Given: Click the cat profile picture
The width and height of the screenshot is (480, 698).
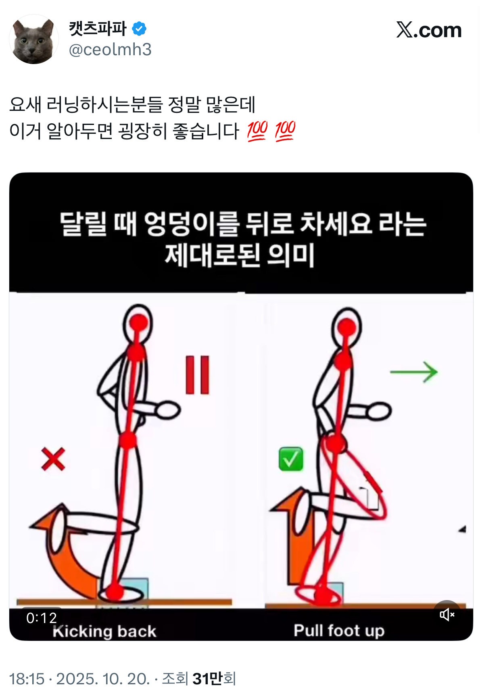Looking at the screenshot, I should (x=34, y=39).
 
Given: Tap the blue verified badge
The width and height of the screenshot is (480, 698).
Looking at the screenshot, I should (x=139, y=29).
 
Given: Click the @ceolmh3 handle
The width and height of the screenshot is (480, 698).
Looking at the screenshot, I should (x=110, y=50).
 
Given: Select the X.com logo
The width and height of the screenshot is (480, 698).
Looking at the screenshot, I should (x=429, y=30).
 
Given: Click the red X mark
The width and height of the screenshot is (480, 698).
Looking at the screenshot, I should (x=53, y=459).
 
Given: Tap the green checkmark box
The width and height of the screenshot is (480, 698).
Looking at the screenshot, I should (x=291, y=459).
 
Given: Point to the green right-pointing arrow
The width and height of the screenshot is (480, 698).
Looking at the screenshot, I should (x=414, y=372).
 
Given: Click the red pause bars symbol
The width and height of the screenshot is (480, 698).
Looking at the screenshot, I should (x=197, y=375).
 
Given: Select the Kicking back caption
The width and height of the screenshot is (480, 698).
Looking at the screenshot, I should (x=104, y=631).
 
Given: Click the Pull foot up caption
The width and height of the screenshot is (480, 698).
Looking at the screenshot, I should (x=339, y=630).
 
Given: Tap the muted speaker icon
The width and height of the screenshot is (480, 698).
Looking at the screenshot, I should (x=447, y=615).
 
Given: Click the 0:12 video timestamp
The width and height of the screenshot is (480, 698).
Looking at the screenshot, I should (x=42, y=618).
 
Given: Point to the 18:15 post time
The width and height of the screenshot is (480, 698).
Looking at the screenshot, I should (x=27, y=679).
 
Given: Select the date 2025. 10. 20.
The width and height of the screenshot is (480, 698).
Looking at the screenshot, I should (x=103, y=679).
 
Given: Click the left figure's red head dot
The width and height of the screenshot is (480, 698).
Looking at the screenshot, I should (x=138, y=323).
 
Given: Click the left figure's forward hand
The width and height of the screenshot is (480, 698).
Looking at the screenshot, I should (x=168, y=411).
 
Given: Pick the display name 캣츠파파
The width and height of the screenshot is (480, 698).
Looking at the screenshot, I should (x=98, y=29).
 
